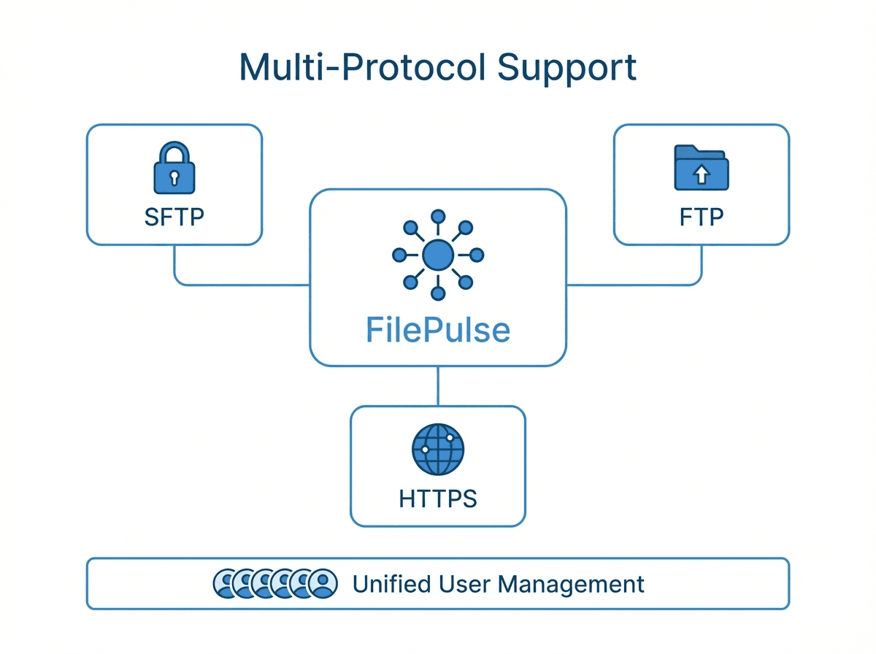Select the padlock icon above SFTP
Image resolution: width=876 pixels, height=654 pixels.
click(x=174, y=169)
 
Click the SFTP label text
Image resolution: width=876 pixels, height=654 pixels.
click(x=174, y=218)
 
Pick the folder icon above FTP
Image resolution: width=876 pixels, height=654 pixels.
click(x=701, y=169)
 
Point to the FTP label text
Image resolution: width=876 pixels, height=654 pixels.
click(x=702, y=218)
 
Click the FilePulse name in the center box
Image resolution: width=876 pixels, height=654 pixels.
click(x=438, y=330)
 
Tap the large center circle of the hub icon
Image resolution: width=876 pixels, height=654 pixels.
click(x=438, y=255)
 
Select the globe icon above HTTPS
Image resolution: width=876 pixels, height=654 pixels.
click(x=438, y=450)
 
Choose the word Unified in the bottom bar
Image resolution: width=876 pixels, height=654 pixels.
click(x=393, y=584)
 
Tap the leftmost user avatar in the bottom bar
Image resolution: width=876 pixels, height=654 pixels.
click(x=226, y=583)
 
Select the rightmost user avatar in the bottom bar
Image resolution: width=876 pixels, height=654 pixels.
click(x=323, y=583)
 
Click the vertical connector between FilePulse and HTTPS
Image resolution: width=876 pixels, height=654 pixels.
click(x=438, y=386)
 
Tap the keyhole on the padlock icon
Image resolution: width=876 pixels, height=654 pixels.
click(x=174, y=177)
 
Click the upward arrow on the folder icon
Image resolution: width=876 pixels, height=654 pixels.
click(x=701, y=174)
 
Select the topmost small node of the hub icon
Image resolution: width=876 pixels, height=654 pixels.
click(x=438, y=216)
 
